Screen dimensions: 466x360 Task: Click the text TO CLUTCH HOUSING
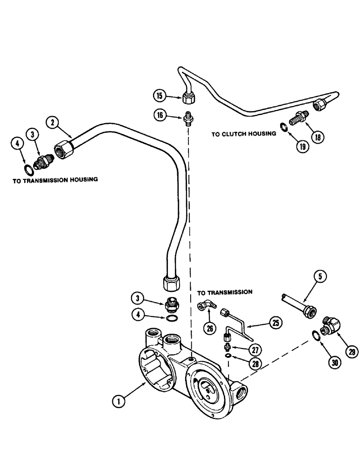pyautogui.click(x=243, y=134)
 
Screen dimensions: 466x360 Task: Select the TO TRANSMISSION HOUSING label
pyautogui.click(x=55, y=179)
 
